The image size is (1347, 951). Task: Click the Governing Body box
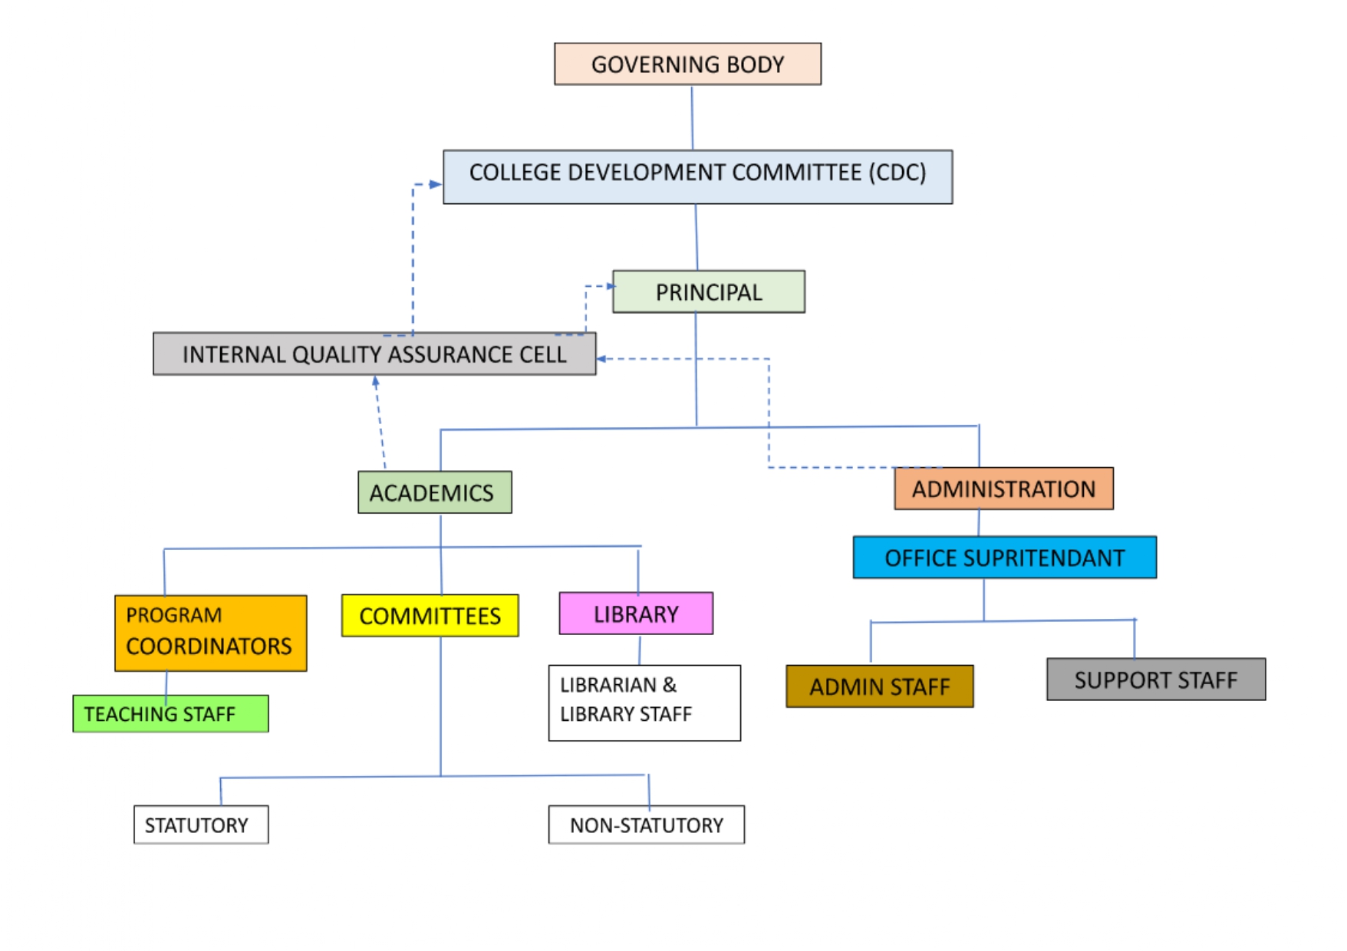click(687, 64)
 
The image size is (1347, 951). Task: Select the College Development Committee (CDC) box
click(697, 176)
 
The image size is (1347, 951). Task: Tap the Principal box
click(708, 291)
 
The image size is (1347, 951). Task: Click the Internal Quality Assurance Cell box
click(374, 354)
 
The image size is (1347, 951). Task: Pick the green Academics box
click(434, 492)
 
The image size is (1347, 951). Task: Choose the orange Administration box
click(1003, 489)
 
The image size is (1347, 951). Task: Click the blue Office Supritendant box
click(1004, 558)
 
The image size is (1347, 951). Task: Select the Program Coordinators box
click(210, 633)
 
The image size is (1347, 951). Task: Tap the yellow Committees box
click(430, 616)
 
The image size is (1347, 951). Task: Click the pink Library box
click(636, 614)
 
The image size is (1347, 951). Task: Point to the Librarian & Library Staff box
click(644, 703)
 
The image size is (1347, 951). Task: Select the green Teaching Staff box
click(170, 714)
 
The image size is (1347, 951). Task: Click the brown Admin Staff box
click(879, 686)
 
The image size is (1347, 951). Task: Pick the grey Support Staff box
click(1155, 680)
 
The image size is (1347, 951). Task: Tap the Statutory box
click(201, 824)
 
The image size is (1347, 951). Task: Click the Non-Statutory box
click(646, 824)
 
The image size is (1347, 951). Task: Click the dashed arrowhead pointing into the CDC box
click(436, 184)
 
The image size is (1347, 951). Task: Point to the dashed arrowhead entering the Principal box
click(611, 286)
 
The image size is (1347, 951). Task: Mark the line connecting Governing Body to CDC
click(692, 117)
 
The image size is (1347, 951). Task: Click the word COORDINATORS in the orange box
click(209, 647)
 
